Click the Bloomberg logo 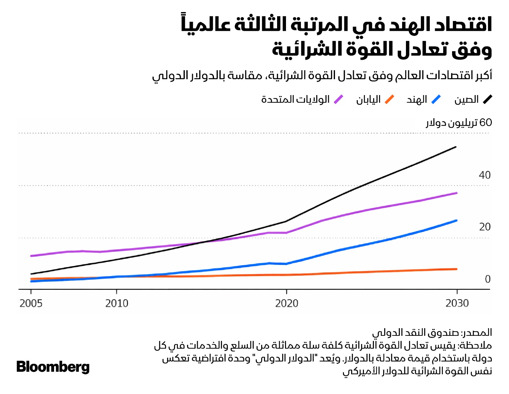click(53, 367)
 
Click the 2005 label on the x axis click(31, 303)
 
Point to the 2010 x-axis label click(117, 303)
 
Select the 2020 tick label click(287, 303)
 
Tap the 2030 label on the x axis click(457, 303)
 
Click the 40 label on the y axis click(485, 175)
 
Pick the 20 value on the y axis click(485, 227)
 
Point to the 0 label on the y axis click(487, 279)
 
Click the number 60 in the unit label click(485, 122)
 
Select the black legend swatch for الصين click(487, 100)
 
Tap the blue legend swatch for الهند click(436, 100)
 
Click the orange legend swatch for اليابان click(389, 100)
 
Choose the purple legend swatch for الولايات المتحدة click(338, 100)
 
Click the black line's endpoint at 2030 click(456, 147)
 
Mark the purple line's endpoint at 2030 click(457, 193)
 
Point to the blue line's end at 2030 click(457, 220)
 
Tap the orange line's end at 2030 click(457, 269)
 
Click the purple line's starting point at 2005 click(31, 256)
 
